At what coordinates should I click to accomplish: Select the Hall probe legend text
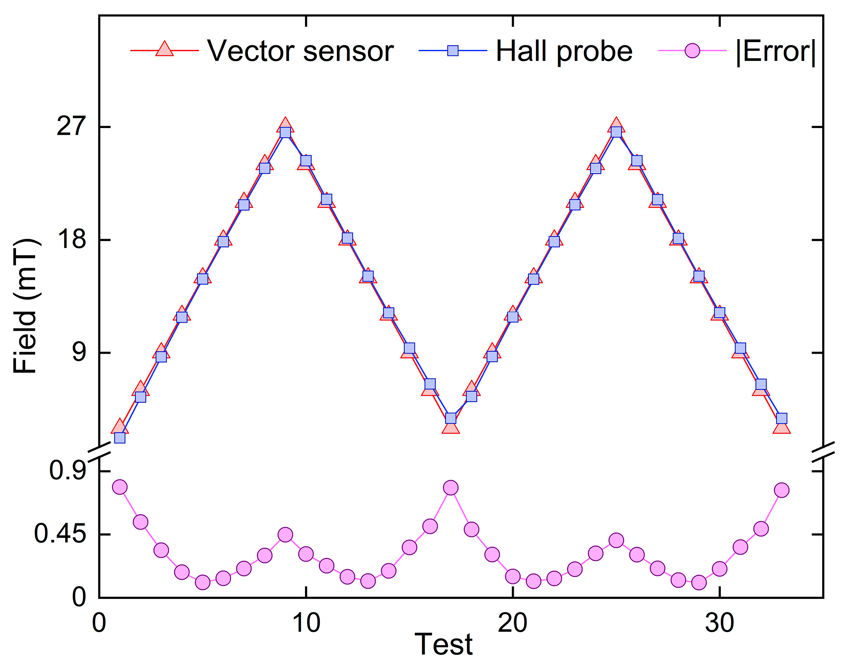pos(564,51)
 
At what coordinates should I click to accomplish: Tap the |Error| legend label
pos(775,51)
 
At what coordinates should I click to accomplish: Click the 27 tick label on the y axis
pos(71,127)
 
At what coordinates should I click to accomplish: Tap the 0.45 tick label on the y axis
pos(60,534)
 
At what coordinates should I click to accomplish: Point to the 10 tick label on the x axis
pos(306,623)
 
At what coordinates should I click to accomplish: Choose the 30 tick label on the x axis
pos(719,623)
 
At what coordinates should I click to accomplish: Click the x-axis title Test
pos(443,644)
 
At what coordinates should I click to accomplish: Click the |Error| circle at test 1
pos(120,487)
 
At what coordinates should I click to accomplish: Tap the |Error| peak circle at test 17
pos(451,488)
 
